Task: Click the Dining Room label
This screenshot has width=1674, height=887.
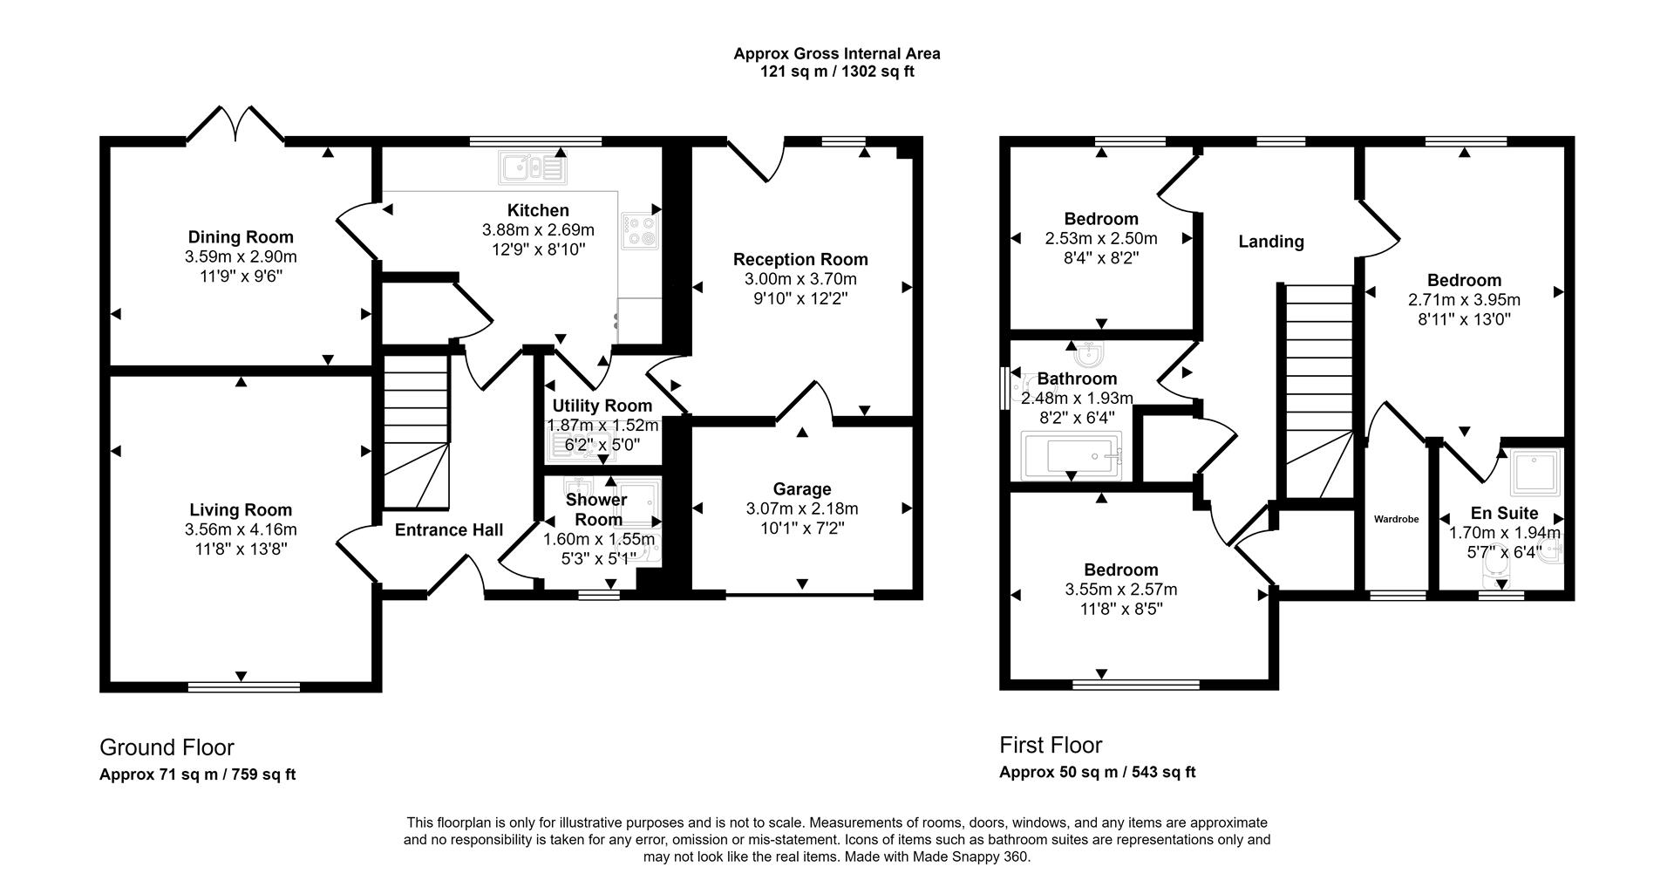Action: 241,237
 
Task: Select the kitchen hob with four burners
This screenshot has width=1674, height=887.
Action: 641,229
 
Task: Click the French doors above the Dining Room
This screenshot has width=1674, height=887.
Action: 235,126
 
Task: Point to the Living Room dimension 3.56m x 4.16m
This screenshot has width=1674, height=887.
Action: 241,529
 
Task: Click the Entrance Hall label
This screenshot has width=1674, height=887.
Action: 449,529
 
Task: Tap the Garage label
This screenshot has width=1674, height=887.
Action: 801,489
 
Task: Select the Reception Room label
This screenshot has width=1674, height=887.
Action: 800,259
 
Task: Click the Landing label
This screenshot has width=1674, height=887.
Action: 1271,242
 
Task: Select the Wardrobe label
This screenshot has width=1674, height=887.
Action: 1396,519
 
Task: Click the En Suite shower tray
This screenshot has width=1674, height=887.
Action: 1536,471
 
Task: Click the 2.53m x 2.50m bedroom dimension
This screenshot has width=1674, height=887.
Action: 1101,238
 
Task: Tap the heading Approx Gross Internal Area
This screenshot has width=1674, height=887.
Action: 836,53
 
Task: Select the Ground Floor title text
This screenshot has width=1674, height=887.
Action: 167,747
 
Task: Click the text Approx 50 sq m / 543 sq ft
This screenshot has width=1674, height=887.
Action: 1097,772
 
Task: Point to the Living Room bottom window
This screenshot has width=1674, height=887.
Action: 244,687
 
